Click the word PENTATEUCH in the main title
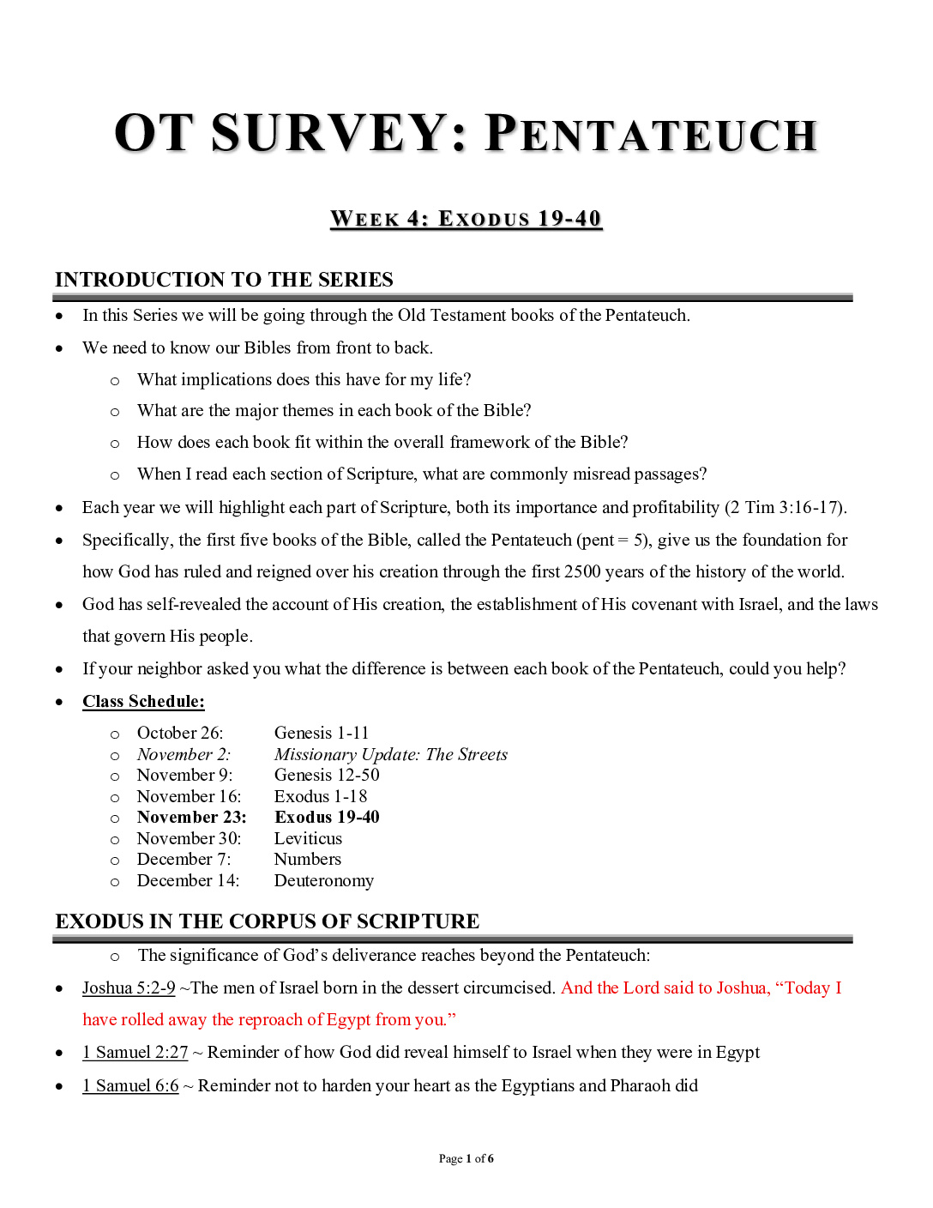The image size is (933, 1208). coord(652,135)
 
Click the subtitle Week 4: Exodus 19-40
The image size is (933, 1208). coord(466,219)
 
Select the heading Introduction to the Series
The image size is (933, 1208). coord(224,280)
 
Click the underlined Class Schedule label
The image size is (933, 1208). coord(143,702)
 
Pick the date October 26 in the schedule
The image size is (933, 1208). coord(179,733)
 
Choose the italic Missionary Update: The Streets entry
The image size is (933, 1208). coord(390,754)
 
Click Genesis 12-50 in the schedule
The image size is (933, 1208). coord(327,775)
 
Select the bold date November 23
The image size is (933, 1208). coord(191,817)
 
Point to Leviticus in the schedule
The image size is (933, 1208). coord(308,838)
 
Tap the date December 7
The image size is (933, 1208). coord(184,859)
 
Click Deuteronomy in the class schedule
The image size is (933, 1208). coord(324,880)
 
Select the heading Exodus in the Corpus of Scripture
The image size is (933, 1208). coord(268,921)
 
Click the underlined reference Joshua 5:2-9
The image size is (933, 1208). coord(129,988)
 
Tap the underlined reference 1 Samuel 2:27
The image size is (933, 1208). coord(135,1053)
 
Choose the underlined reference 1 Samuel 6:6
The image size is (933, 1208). coord(130,1086)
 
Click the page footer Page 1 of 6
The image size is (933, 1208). coord(466,1159)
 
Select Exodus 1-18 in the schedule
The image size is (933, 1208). coord(321,796)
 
